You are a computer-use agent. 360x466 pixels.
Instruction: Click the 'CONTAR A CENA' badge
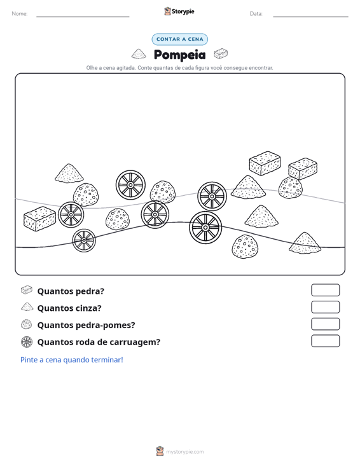(179, 39)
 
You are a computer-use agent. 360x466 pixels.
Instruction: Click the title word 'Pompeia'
(179, 55)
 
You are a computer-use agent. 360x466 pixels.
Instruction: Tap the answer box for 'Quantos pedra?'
(325, 290)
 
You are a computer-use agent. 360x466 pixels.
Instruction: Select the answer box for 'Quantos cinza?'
(325, 307)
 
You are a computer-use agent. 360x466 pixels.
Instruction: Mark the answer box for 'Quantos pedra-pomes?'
(325, 324)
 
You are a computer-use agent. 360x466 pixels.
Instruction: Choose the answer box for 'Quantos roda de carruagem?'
(325, 341)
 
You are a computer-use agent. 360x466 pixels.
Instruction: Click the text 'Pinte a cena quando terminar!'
(72, 360)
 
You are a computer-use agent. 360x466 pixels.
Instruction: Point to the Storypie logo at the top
(179, 11)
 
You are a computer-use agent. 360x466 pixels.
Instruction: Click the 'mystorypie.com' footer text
(184, 452)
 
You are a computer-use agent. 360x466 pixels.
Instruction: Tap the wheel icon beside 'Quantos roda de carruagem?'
(27, 342)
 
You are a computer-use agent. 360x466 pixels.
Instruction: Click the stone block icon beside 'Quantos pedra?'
(27, 290)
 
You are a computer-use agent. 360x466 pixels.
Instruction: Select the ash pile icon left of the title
(139, 54)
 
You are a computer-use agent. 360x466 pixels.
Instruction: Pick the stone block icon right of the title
(221, 54)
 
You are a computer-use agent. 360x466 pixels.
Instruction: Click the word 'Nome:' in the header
(20, 14)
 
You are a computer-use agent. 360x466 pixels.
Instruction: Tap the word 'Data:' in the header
(256, 14)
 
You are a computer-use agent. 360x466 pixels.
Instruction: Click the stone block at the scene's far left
(39, 219)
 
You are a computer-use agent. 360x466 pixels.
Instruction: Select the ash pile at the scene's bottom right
(305, 243)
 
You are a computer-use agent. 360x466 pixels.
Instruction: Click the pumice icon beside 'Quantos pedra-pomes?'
(27, 324)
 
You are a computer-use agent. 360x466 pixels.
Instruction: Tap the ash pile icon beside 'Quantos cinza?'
(27, 307)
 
